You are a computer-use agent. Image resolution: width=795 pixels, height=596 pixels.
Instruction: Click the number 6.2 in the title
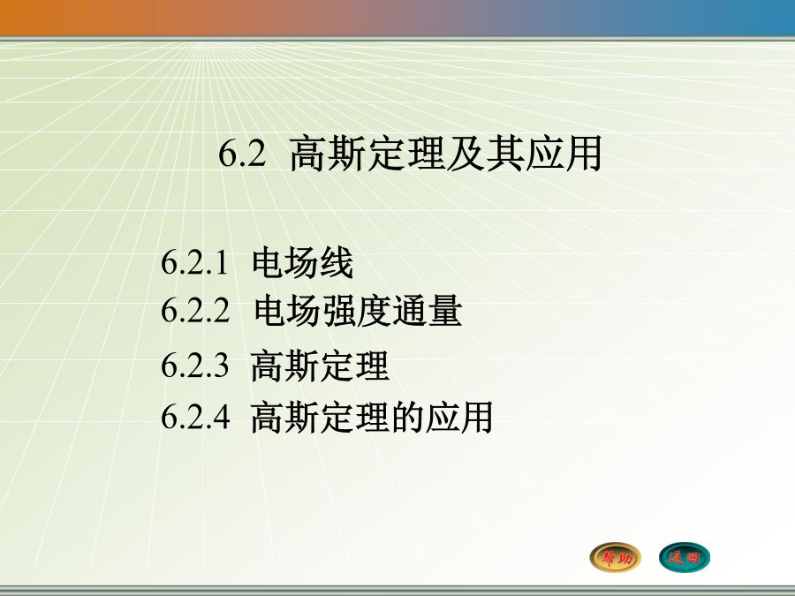click(242, 153)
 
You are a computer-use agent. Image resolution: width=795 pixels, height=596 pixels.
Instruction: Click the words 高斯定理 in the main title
click(367, 153)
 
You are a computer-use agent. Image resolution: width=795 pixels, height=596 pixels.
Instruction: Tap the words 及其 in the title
click(484, 153)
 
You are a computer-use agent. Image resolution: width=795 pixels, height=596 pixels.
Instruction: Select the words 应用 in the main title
click(564, 153)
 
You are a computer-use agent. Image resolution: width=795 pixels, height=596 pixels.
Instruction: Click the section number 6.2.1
click(194, 263)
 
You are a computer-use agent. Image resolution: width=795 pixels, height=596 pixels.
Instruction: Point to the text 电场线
click(303, 262)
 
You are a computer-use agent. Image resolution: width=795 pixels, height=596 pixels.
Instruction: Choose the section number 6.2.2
click(195, 310)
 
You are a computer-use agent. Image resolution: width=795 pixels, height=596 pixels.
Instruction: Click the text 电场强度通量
click(358, 310)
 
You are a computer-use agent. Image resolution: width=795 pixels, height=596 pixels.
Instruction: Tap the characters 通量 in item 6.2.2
click(428, 310)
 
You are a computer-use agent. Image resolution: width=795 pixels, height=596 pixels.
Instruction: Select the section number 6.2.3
click(195, 365)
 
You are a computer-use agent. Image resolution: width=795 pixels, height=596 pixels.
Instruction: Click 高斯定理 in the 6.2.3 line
click(320, 366)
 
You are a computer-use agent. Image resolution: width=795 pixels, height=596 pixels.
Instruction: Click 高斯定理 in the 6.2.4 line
click(320, 417)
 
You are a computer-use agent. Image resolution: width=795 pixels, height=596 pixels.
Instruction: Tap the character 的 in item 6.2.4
click(407, 417)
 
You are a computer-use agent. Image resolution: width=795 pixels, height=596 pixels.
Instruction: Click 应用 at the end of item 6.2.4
click(459, 417)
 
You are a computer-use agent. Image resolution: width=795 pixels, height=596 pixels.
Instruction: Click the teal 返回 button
click(685, 557)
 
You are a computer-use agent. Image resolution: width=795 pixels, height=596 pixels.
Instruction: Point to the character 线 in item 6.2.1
click(337, 262)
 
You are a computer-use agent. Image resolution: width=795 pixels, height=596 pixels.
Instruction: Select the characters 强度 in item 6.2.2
click(358, 310)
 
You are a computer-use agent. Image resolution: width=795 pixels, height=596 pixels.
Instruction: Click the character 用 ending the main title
click(584, 153)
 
